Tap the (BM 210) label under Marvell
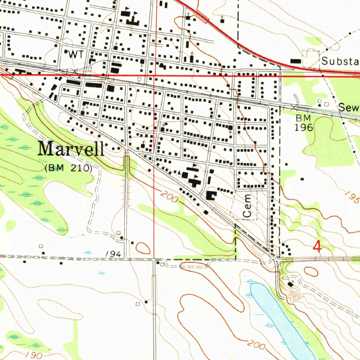[69, 168]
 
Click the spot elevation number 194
[114, 254]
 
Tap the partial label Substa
[340, 61]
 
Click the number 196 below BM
[304, 127]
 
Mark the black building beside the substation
[296, 61]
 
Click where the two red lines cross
[155, 75]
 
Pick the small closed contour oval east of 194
[143, 248]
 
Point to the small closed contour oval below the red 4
[311, 271]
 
